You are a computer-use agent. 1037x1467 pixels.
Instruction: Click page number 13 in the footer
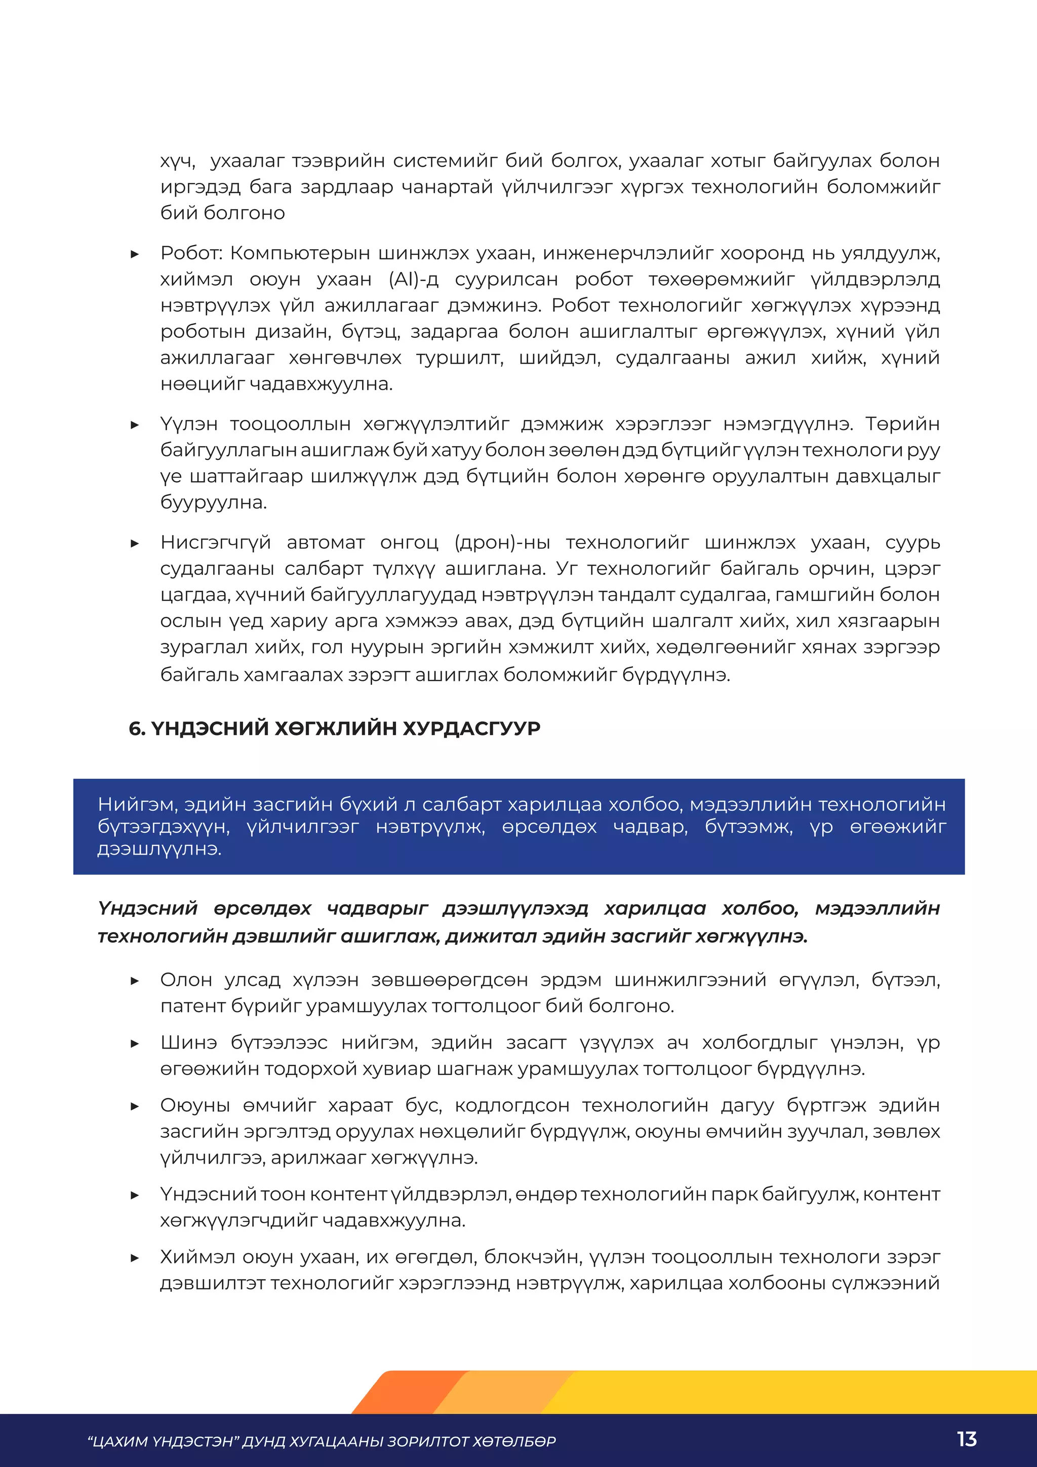click(967, 1440)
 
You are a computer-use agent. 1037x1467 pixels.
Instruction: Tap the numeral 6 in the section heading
click(135, 728)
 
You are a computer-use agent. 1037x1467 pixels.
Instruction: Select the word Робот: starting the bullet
click(191, 254)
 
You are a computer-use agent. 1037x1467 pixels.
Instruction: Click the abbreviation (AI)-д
click(413, 280)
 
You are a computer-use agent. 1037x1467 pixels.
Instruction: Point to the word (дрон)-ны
click(502, 543)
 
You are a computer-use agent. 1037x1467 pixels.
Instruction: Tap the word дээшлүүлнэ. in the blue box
click(159, 849)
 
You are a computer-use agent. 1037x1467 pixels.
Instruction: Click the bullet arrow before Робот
click(135, 254)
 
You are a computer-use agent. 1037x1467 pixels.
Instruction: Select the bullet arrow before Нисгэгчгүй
click(135, 543)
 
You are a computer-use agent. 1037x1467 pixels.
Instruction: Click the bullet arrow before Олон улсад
click(135, 981)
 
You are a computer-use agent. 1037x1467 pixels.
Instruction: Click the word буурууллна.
click(213, 503)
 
